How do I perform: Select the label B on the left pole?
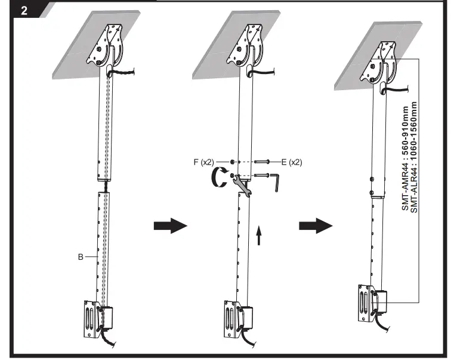[x=80, y=257]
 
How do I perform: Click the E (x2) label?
[x=291, y=162]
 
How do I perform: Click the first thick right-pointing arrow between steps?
[x=170, y=226]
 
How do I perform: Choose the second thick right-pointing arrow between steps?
[x=315, y=226]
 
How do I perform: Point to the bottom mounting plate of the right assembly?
[x=364, y=301]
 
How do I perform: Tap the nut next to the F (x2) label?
[x=231, y=162]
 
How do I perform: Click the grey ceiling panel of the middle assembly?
[x=221, y=48]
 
